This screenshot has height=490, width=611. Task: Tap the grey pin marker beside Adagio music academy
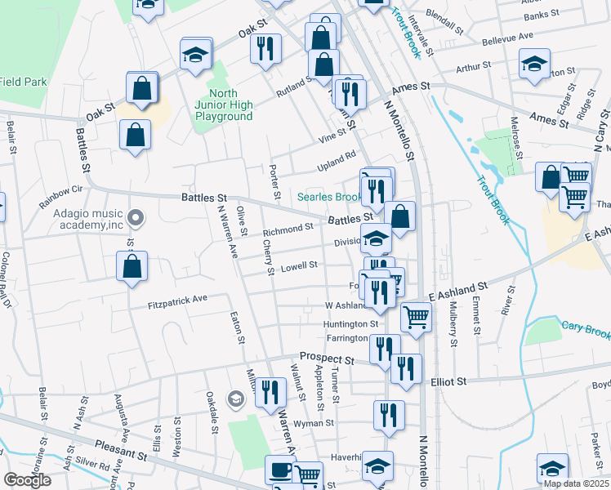click(136, 219)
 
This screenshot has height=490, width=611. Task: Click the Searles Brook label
click(328, 197)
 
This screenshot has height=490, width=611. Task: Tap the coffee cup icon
click(280, 470)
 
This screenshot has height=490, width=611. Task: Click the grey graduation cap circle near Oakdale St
click(235, 399)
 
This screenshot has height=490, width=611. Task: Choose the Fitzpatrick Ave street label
click(179, 301)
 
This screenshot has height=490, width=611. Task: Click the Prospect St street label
click(326, 358)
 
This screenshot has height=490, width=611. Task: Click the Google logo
click(27, 480)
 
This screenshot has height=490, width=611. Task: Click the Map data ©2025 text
click(575, 483)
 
